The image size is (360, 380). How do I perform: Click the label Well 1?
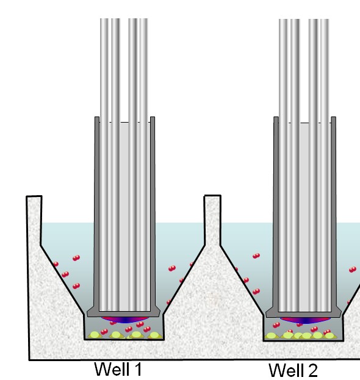tap(118, 369)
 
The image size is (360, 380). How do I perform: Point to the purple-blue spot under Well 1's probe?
tap(124, 320)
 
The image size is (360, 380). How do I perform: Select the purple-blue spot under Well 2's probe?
tap(305, 320)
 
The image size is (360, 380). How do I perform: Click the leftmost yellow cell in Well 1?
tap(95, 335)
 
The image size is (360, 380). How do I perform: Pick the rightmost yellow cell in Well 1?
tap(154, 335)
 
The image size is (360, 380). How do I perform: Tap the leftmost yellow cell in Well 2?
tap(271, 336)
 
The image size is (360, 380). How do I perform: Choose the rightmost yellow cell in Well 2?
tap(329, 336)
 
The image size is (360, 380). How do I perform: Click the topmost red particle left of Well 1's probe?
tap(76, 258)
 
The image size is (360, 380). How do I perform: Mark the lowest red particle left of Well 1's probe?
tap(76, 286)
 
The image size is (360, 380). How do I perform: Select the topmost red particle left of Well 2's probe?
tap(256, 256)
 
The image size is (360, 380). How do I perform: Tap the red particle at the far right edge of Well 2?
tap(353, 270)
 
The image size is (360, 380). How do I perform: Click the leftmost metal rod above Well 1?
tap(104, 165)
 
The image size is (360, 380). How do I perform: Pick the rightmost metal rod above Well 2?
tap(325, 165)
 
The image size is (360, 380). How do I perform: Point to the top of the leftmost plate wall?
tap(34, 196)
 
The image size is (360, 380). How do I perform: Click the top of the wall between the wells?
tap(212, 196)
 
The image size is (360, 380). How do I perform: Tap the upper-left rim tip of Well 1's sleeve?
tap(97, 117)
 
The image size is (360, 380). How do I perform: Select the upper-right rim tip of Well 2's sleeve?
tap(334, 117)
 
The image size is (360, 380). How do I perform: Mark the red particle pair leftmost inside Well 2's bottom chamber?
tap(276, 325)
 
